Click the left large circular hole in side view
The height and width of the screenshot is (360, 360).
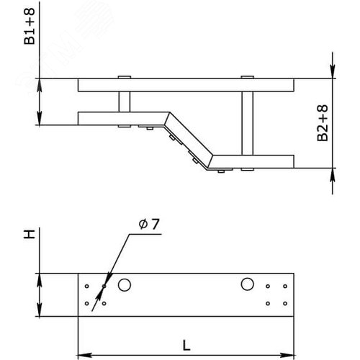pos(125,285)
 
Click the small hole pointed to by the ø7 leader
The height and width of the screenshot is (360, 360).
pos(104,286)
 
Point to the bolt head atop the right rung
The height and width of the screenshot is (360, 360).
pos(248,76)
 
